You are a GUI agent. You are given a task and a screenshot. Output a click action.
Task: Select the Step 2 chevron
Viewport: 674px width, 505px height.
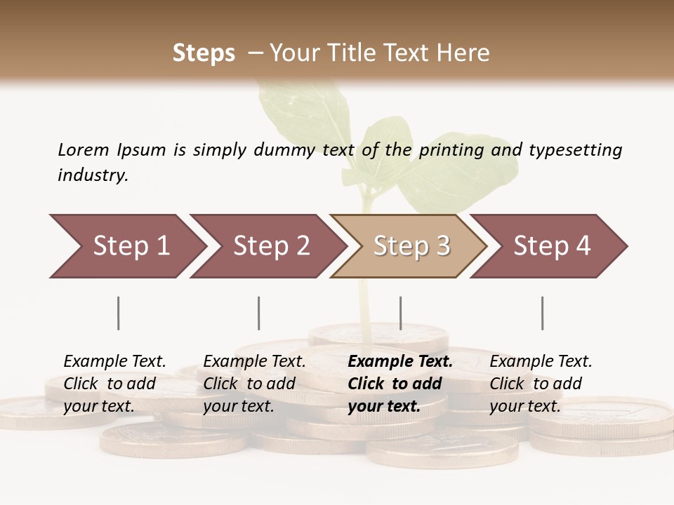(271, 246)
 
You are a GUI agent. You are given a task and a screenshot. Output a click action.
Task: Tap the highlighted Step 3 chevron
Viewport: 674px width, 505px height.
(411, 246)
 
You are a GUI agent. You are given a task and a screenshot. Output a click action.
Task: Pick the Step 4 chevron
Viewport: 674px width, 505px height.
(552, 246)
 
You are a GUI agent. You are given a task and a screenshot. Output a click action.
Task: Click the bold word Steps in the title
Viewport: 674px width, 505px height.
(204, 53)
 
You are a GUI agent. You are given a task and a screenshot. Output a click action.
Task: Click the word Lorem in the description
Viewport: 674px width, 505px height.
(83, 149)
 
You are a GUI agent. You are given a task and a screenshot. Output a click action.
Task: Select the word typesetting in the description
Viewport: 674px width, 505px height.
(575, 149)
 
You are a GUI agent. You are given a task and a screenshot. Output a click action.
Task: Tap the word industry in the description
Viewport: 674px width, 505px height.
(93, 175)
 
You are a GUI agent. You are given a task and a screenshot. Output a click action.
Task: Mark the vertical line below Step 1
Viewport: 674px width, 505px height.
(119, 313)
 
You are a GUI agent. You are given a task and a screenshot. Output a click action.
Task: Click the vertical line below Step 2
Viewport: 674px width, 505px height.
(259, 313)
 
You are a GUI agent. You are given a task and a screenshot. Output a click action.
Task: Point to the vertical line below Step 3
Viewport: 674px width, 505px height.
(400, 313)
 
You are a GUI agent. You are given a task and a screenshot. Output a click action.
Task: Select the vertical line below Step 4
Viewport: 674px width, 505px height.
(542, 313)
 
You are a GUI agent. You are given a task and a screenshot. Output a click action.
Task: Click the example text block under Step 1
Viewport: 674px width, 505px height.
(114, 384)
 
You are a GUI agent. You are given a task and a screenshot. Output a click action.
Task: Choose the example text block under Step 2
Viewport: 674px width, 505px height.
(254, 384)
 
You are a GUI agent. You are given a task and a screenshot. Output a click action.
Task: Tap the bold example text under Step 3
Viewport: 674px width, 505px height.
(400, 384)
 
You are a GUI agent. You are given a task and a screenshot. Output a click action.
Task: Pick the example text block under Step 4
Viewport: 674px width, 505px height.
(541, 384)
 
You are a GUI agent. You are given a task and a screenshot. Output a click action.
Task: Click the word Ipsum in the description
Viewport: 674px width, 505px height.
(142, 149)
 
